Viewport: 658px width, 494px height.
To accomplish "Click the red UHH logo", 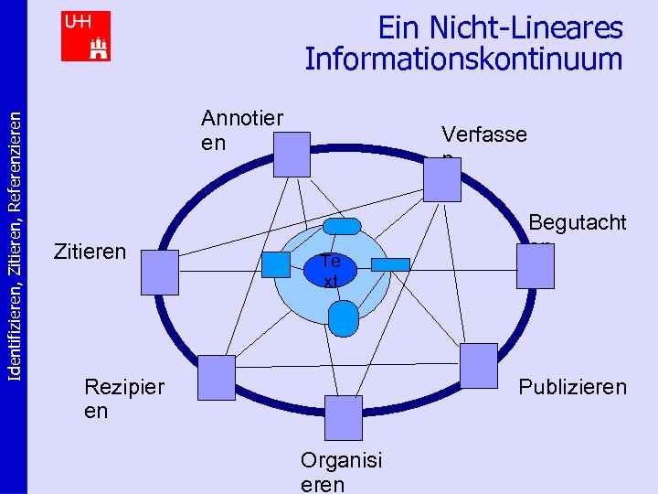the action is pyautogui.click(x=86, y=36).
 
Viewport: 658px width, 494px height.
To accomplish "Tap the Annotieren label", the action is pyautogui.click(x=241, y=130).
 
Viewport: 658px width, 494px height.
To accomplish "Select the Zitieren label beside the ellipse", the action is pyautogui.click(x=90, y=250).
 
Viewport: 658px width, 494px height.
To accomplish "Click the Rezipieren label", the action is pyautogui.click(x=123, y=398).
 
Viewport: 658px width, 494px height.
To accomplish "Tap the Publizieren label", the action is pyautogui.click(x=572, y=387).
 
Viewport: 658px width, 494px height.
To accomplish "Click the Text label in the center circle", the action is pyautogui.click(x=331, y=271).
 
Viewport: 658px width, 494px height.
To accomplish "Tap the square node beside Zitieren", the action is pyautogui.click(x=159, y=272).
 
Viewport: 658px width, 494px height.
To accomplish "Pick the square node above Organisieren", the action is pyautogui.click(x=344, y=418).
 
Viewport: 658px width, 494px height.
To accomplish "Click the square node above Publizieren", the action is pyautogui.click(x=478, y=365).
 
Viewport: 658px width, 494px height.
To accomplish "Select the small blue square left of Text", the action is pyautogui.click(x=275, y=264).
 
